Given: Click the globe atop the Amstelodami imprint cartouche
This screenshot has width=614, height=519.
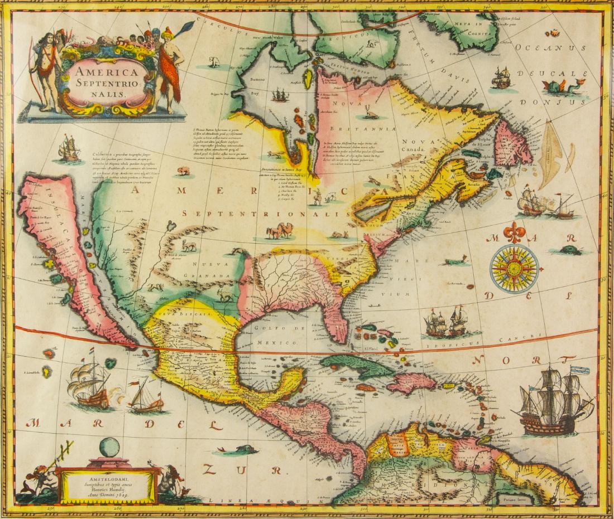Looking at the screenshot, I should click(x=109, y=448).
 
